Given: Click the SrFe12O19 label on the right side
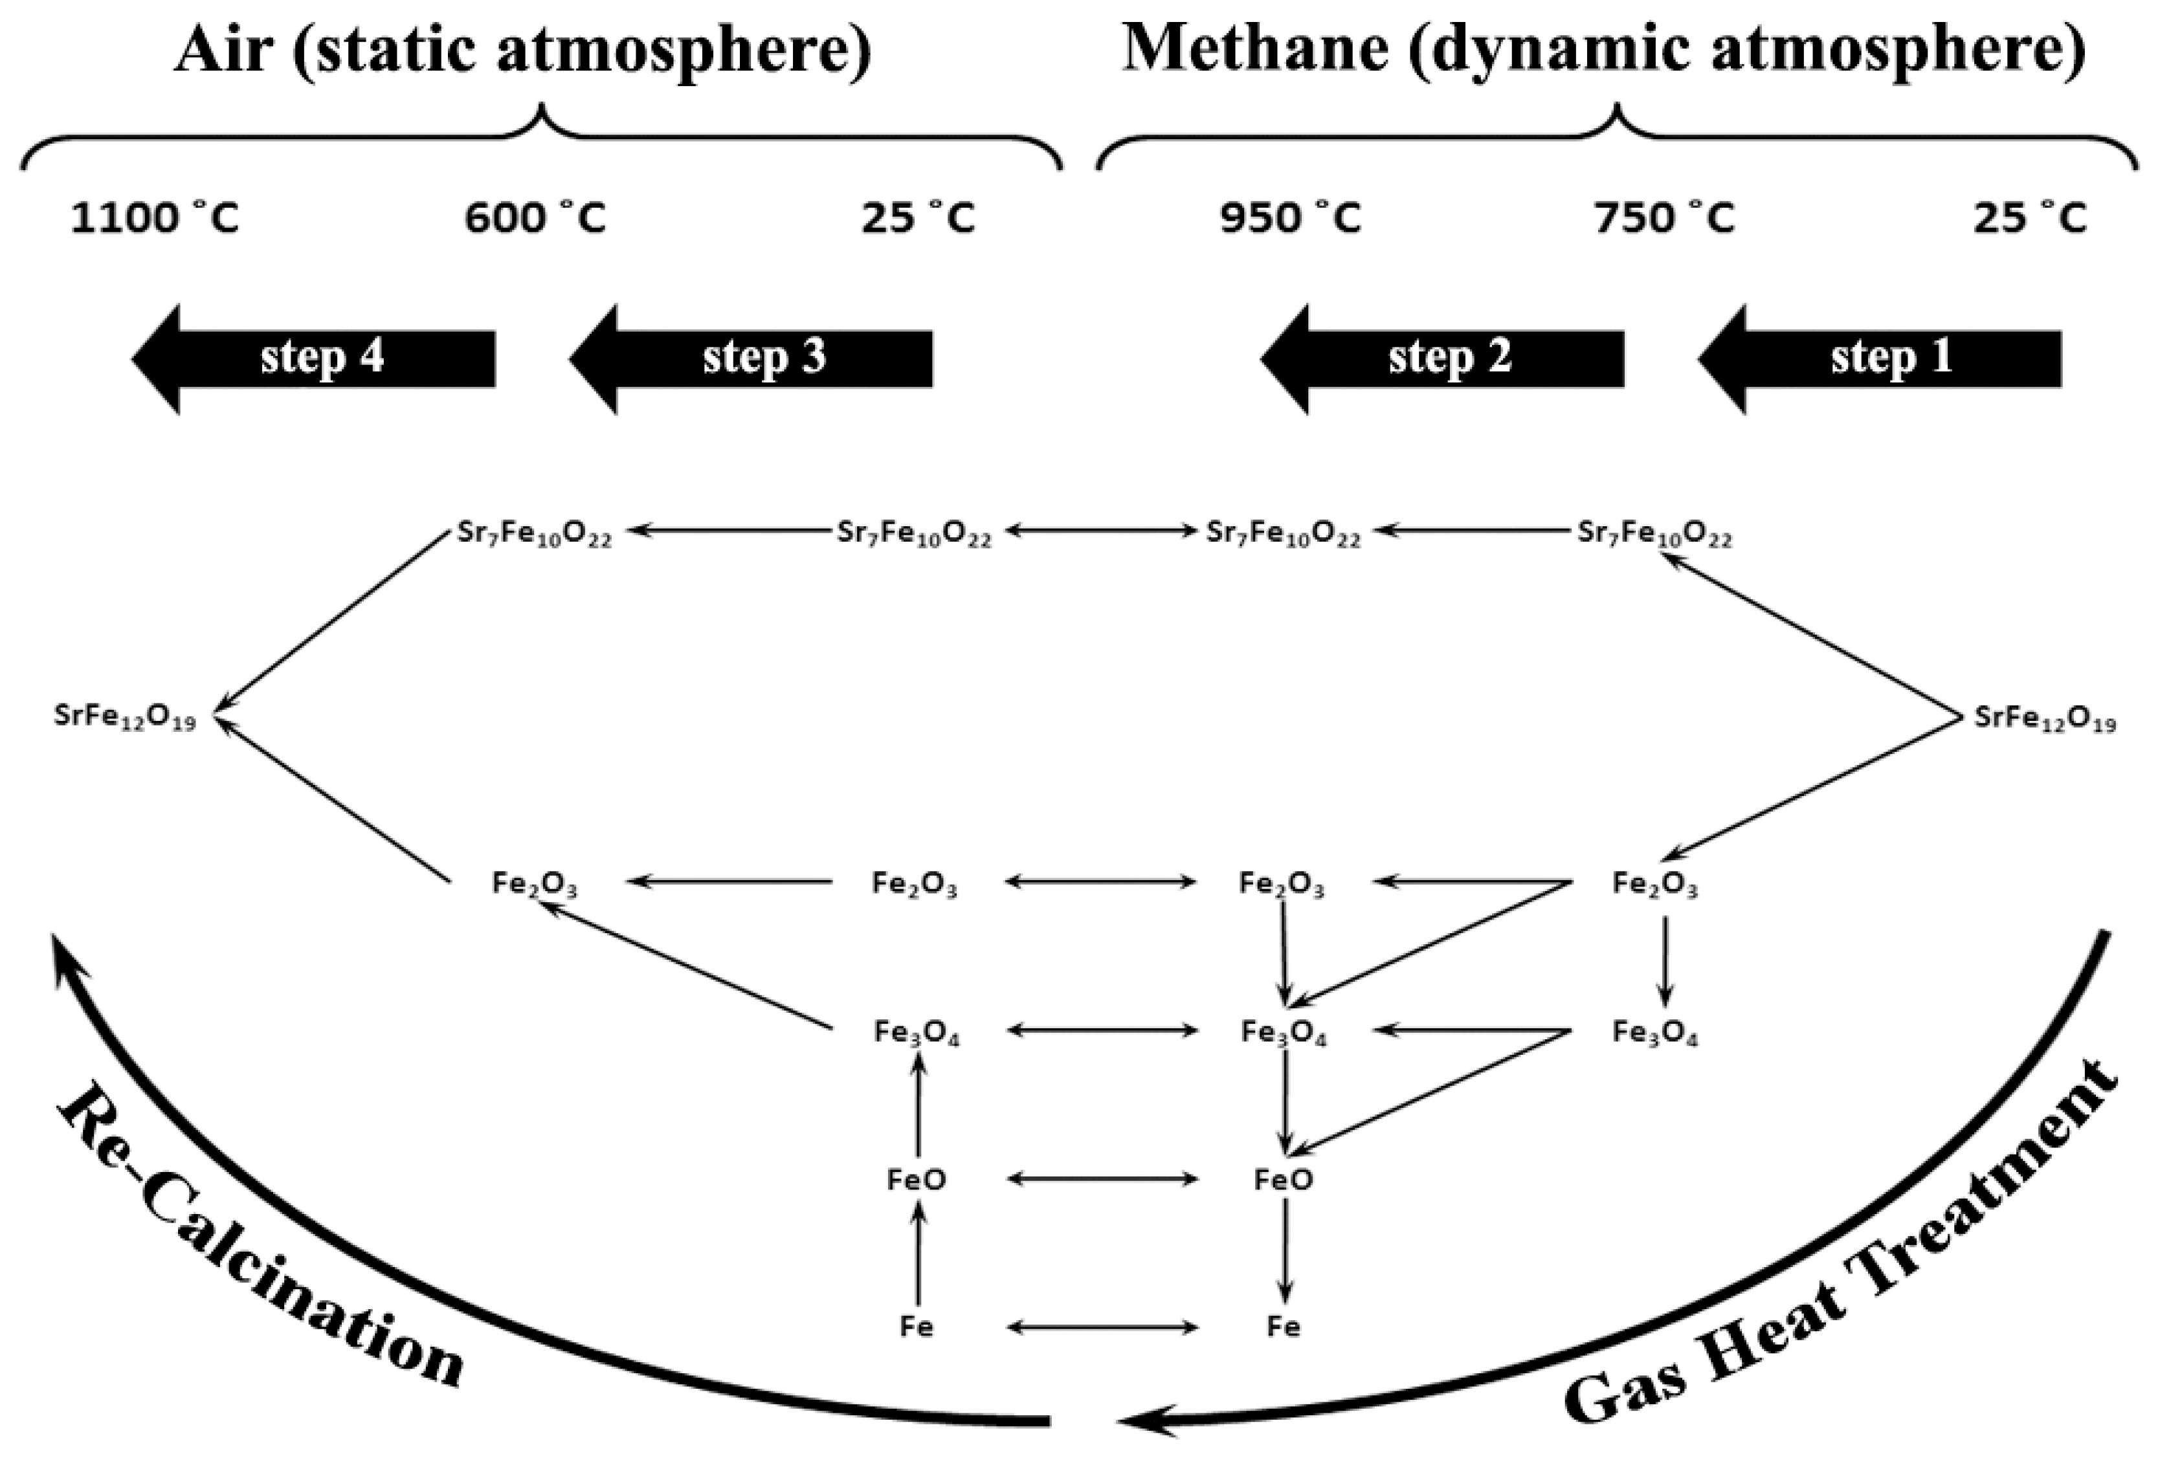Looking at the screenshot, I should tap(2045, 719).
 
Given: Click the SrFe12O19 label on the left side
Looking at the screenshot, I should tap(126, 718).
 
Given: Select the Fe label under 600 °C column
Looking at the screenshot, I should tap(917, 1326).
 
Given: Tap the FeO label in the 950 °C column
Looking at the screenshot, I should tap(1284, 1179).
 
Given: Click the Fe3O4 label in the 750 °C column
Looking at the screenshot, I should tap(1655, 1032).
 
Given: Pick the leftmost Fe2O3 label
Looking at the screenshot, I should tap(535, 884).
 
